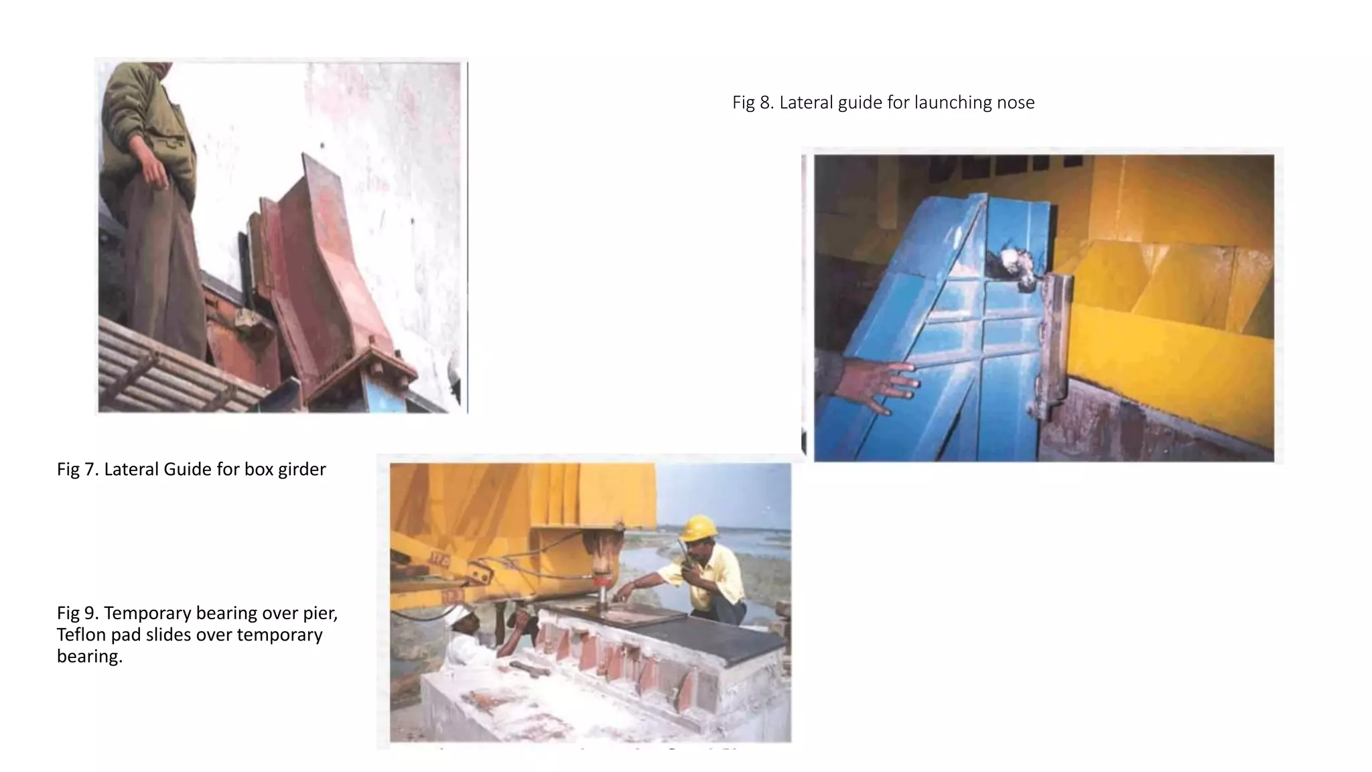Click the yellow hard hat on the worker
coord(698,527)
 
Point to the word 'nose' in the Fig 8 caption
coord(1016,103)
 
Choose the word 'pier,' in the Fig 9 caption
coord(317,613)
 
